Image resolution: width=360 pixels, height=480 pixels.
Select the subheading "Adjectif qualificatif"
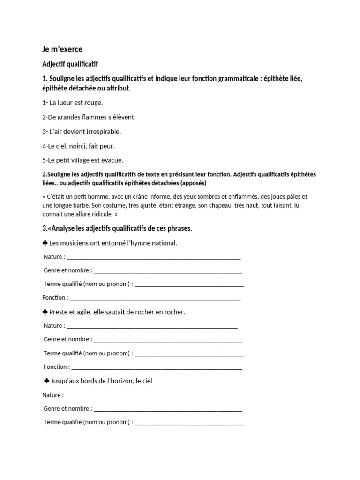(x=70, y=63)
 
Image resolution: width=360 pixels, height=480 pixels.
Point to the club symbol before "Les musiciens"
(x=45, y=243)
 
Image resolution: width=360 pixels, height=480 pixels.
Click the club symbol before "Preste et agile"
(x=45, y=312)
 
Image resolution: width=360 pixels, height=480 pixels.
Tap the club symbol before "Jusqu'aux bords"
(x=46, y=381)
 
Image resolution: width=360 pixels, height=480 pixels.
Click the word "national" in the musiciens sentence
(x=165, y=243)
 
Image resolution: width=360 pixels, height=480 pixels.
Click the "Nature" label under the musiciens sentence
(x=53, y=257)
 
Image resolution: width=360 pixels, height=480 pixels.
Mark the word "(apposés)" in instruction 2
(x=190, y=182)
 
